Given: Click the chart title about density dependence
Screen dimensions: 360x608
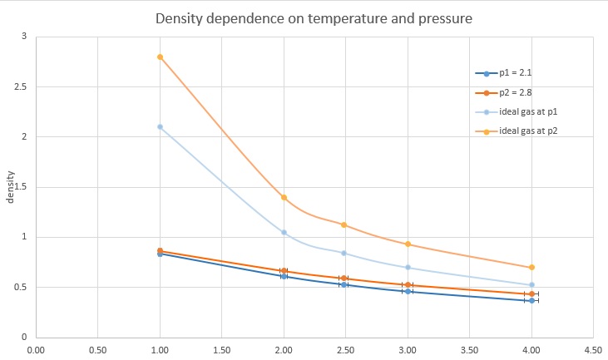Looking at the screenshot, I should pos(303,17).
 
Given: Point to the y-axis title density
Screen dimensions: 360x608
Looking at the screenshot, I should pos(11,187).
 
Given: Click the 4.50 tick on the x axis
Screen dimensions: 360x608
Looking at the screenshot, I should pos(594,349).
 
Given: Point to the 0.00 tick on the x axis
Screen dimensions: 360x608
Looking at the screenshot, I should pos(36,349).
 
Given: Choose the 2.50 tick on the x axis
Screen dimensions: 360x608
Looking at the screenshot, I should pos(346,349).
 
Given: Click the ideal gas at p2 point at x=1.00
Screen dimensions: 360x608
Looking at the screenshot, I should pos(160,57).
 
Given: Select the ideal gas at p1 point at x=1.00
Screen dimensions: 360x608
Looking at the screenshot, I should pos(160,126).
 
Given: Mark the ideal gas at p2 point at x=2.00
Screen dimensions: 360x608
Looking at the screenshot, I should pos(284,197).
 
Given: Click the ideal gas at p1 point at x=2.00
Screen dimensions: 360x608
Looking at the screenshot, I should pos(284,232).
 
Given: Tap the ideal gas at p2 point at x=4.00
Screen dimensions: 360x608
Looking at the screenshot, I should pos(531,267).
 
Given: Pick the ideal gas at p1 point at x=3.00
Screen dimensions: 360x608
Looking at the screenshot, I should pos(408,267).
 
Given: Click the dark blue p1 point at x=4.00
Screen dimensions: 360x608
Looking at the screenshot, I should pos(531,300).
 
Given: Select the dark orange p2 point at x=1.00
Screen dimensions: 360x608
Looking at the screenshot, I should pos(160,250).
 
